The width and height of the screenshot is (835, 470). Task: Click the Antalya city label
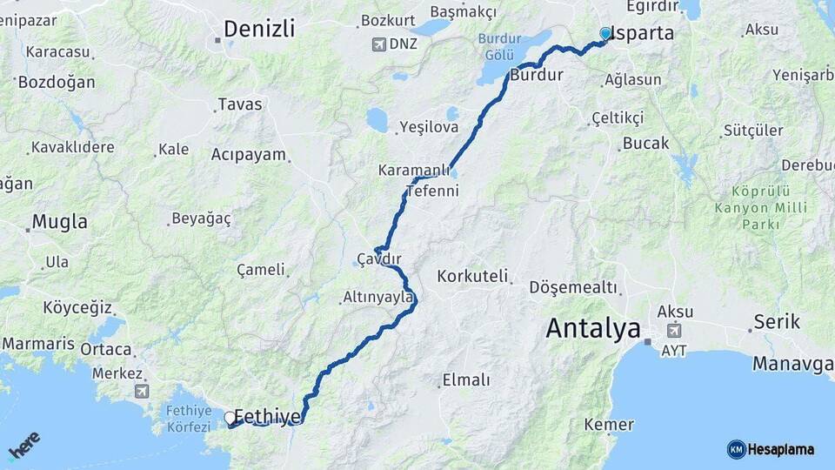point(593,329)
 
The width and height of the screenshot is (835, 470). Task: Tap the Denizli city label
point(258,28)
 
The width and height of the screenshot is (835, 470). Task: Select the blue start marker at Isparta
point(605,34)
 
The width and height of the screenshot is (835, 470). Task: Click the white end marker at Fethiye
point(230,418)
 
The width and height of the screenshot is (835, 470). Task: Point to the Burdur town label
point(537,76)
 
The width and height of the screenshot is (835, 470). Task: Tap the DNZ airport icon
point(378,44)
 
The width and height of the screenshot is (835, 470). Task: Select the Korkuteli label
point(472,276)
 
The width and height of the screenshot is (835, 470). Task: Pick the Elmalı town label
point(466,379)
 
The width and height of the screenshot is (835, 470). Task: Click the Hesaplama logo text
point(780,449)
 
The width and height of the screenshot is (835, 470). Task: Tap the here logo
point(23,446)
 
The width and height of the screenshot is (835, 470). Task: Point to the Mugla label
point(60,222)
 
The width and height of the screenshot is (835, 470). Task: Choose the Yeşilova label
point(428,127)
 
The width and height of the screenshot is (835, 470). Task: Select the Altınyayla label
point(377,297)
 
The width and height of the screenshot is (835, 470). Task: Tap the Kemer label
point(609,424)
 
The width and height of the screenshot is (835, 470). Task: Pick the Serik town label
point(777,322)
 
